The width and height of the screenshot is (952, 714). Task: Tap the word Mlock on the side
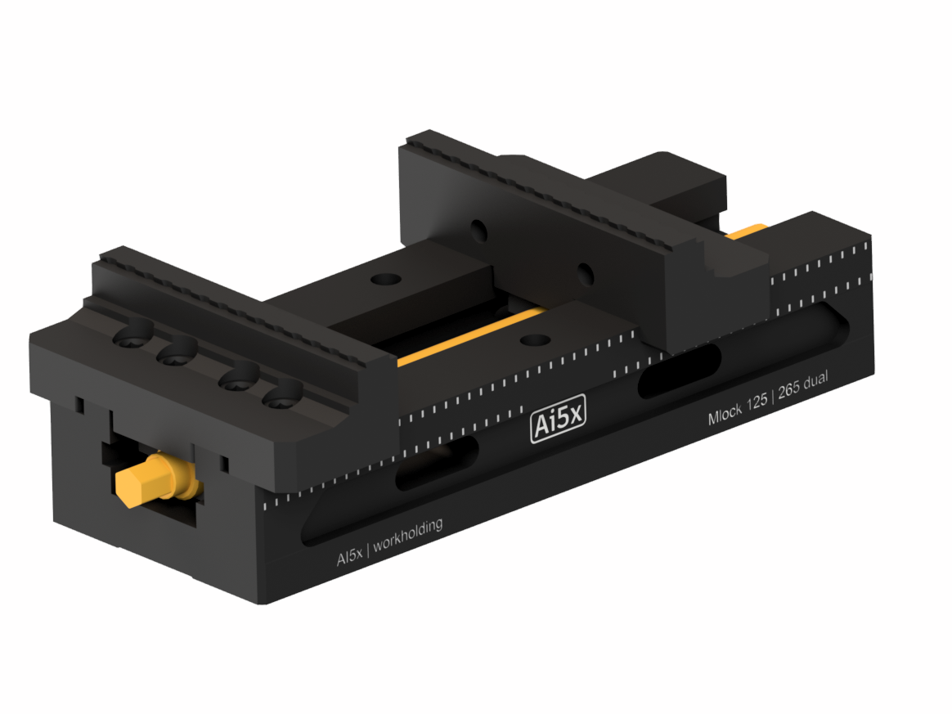(725, 416)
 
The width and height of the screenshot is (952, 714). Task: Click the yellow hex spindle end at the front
(142, 483)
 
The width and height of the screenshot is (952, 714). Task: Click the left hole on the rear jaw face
(478, 231)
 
